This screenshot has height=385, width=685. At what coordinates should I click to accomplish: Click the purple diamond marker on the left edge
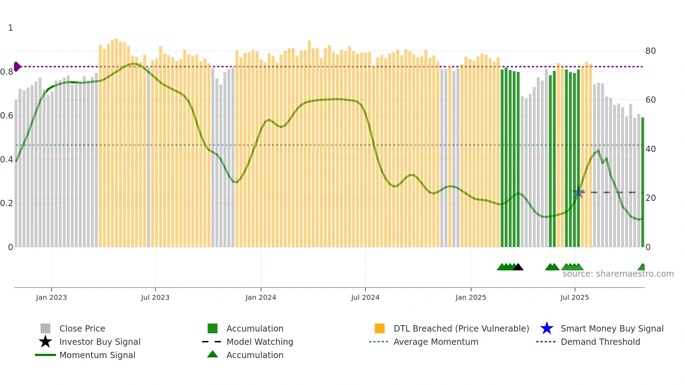pyautogui.click(x=17, y=66)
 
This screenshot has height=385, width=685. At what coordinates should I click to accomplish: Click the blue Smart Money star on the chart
pyautogui.click(x=578, y=192)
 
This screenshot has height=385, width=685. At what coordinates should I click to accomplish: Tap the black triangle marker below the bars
pyautogui.click(x=518, y=267)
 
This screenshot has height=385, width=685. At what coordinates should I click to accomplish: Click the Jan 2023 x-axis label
pyautogui.click(x=51, y=298)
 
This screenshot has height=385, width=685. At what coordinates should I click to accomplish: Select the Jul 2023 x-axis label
pyautogui.click(x=155, y=298)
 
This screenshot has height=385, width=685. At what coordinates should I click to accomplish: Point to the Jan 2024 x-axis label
pyautogui.click(x=261, y=298)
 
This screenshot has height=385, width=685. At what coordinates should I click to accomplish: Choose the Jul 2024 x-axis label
pyautogui.click(x=365, y=298)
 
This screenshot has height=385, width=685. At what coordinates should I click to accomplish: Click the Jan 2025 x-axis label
pyautogui.click(x=471, y=298)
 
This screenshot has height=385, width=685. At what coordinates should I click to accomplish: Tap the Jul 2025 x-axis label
pyautogui.click(x=575, y=298)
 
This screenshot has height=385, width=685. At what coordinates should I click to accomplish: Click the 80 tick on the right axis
pyautogui.click(x=650, y=51)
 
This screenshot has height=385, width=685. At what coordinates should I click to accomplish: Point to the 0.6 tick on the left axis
pyautogui.click(x=7, y=116)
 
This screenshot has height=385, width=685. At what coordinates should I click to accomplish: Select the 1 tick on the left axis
pyautogui.click(x=10, y=28)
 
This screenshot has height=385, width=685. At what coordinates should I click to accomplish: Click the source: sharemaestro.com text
pyautogui.click(x=618, y=274)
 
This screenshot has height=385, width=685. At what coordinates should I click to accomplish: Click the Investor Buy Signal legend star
pyautogui.click(x=45, y=342)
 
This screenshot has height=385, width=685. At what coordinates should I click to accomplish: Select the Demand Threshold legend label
pyautogui.click(x=600, y=342)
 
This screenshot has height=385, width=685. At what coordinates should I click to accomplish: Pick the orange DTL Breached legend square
pyautogui.click(x=380, y=328)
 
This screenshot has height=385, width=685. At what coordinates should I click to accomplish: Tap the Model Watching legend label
pyautogui.click(x=260, y=342)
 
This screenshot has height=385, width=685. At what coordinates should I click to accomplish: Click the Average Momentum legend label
pyautogui.click(x=436, y=342)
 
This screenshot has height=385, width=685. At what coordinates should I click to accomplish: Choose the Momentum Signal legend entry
pyautogui.click(x=97, y=355)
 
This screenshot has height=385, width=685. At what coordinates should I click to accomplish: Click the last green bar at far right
pyautogui.click(x=642, y=182)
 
